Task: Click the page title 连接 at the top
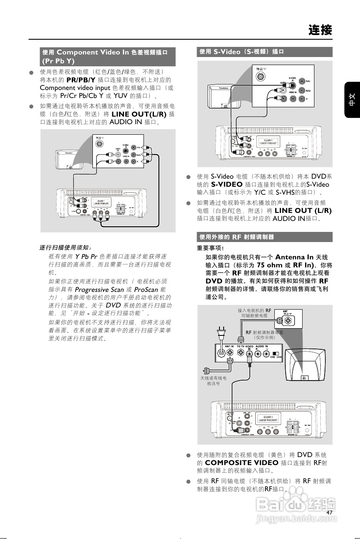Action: (320, 30)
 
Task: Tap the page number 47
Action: (330, 512)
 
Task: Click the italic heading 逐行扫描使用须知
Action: (65, 247)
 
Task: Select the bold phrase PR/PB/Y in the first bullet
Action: (80, 80)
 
